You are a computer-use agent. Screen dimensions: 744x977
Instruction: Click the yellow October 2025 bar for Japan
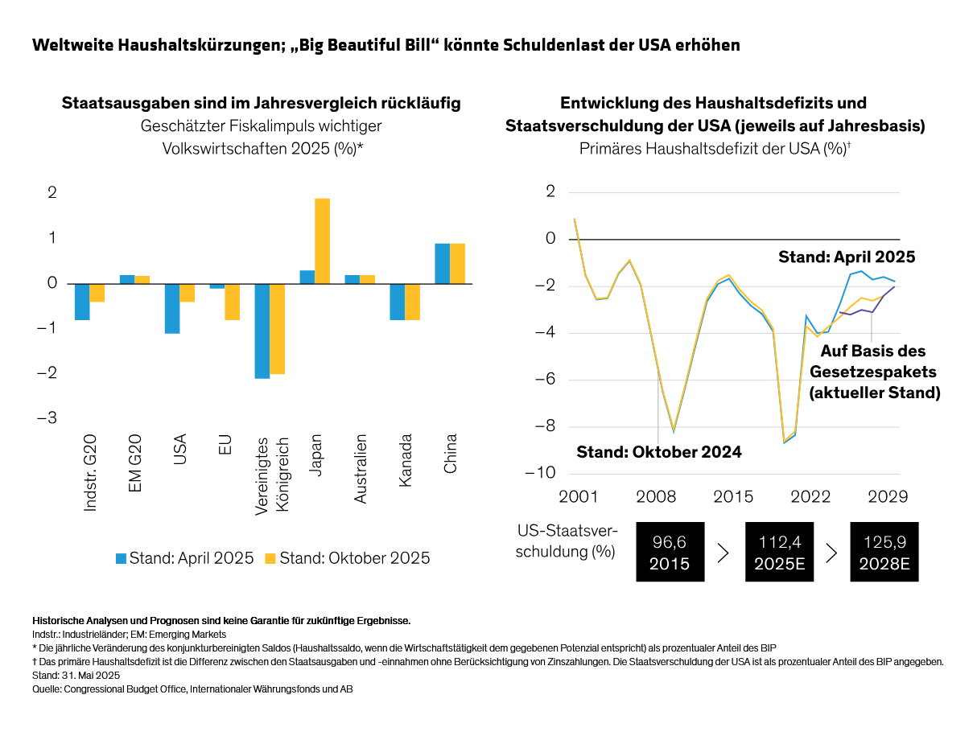pos(322,240)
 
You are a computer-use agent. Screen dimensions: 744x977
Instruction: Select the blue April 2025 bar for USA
pos(172,308)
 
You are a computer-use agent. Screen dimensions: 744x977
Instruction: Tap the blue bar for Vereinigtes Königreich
pos(262,331)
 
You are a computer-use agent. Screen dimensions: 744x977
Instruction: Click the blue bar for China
pos(443,263)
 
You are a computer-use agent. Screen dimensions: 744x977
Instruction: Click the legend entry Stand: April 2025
pos(184,557)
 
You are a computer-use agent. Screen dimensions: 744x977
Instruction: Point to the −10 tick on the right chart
pos(539,473)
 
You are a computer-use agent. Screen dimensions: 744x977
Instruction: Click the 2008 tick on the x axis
pos(657,496)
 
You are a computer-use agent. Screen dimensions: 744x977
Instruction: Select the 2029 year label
pos(888,496)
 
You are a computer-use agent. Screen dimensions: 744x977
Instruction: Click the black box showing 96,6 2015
pos(670,552)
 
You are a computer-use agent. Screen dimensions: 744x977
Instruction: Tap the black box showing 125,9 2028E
pos(884,552)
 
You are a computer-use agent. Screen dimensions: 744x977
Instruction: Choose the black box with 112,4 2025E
pos(779,552)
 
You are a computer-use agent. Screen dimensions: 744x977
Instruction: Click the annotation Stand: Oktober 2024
pos(658,452)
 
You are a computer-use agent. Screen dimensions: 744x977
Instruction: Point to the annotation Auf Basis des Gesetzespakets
pos(874,372)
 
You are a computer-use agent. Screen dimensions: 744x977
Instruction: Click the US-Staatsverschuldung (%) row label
pos(567,541)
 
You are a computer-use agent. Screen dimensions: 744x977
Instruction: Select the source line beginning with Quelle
pos(192,689)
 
